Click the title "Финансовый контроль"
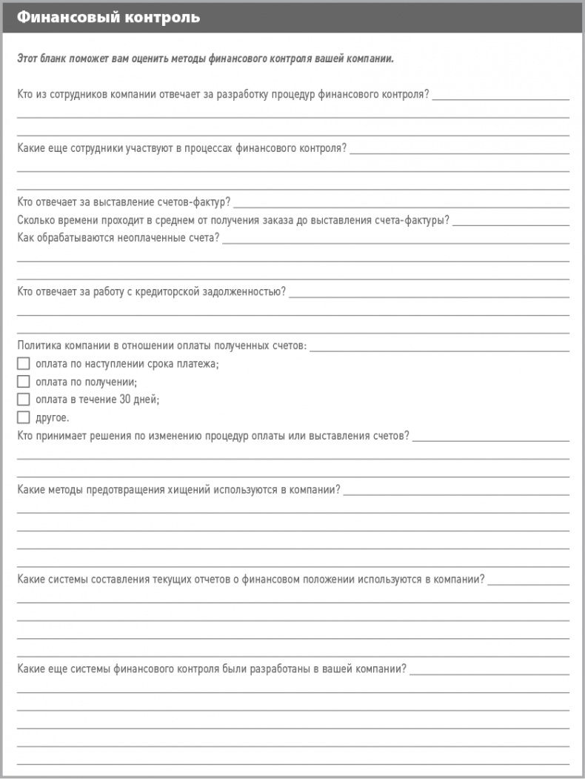pos(108,17)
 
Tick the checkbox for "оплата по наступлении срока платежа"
pos(23,363)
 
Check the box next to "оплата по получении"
pos(23,382)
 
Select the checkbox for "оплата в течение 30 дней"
pos(23,400)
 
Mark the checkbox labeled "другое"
pos(23,417)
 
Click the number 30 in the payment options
pos(126,400)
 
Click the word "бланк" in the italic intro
pos(56,59)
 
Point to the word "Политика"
pos(37,345)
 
